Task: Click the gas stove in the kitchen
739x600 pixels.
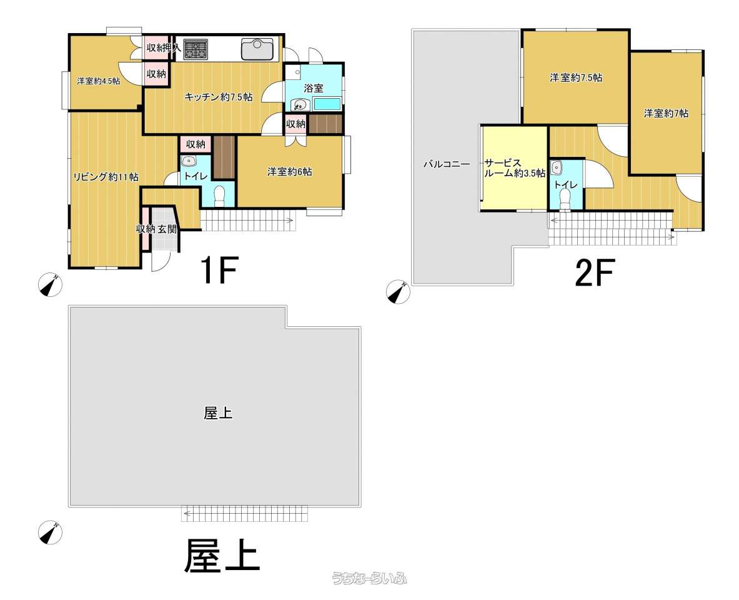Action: (x=196, y=49)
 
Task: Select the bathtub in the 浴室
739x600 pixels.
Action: (x=327, y=104)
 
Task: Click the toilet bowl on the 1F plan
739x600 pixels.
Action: (x=219, y=196)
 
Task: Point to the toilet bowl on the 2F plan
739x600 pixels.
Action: (x=565, y=197)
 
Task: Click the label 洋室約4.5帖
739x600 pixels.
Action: (x=99, y=81)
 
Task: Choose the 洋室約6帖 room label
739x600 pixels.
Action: (x=290, y=171)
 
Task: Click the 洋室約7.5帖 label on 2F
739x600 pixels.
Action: (x=576, y=78)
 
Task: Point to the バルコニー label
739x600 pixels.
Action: (x=447, y=165)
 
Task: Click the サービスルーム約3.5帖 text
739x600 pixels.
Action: (x=515, y=168)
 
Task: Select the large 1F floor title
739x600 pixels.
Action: (x=219, y=271)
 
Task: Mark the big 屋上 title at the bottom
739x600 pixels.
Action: (x=222, y=556)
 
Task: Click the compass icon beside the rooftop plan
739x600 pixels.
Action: (x=50, y=532)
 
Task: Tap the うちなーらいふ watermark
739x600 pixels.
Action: (x=369, y=578)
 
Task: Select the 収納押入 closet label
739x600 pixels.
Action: (x=163, y=47)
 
